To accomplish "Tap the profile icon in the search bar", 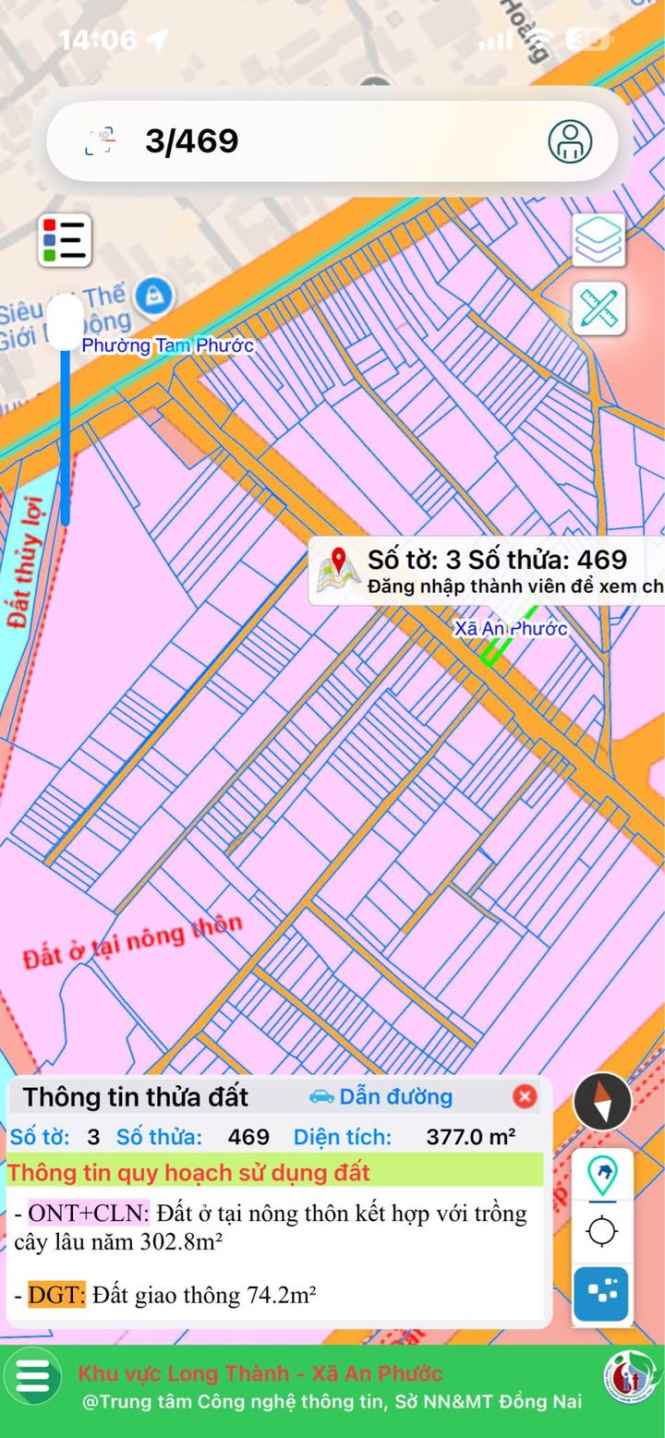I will pyautogui.click(x=570, y=141).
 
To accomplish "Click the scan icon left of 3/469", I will pyautogui.click(x=101, y=141).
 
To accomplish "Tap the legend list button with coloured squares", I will pyautogui.click(x=65, y=240).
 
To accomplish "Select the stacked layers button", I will pyautogui.click(x=598, y=240).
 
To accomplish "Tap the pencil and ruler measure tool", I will pyautogui.click(x=598, y=308).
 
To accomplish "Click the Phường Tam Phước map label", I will pyautogui.click(x=167, y=345).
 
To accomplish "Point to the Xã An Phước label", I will pyautogui.click(x=510, y=629).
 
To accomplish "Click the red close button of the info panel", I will pyautogui.click(x=525, y=1096).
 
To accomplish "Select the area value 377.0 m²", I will pyautogui.click(x=470, y=1137).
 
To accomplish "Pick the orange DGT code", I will pyautogui.click(x=56, y=1296).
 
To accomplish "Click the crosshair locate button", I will pyautogui.click(x=602, y=1231).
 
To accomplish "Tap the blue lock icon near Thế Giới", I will pyautogui.click(x=154, y=296).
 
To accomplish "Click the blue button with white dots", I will pyautogui.click(x=601, y=1294).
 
